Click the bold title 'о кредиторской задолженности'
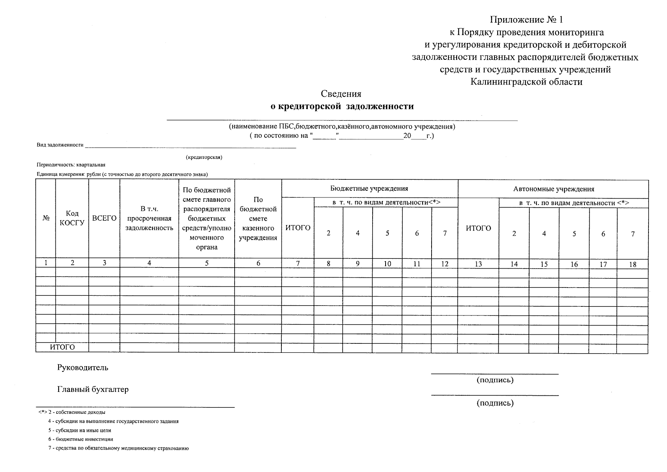[x=342, y=106]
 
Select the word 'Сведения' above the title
[x=341, y=94]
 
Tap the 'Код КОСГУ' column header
[x=72, y=218]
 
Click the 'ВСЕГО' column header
[x=104, y=218]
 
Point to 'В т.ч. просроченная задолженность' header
[x=149, y=218]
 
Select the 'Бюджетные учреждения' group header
[x=369, y=188]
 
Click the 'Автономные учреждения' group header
[x=553, y=189]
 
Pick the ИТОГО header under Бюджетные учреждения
[x=298, y=228]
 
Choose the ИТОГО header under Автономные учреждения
[x=478, y=228]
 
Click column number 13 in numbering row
[x=478, y=264]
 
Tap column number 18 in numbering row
[x=632, y=264]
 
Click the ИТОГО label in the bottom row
[x=62, y=347]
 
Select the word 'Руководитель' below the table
[x=83, y=368]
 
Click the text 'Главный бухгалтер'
[x=93, y=389]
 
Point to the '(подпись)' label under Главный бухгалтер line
[x=495, y=403]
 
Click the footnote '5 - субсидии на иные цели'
[x=80, y=430]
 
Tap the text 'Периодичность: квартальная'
[x=71, y=165]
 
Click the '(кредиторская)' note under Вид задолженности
[x=204, y=157]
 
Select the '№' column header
[x=46, y=218]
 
